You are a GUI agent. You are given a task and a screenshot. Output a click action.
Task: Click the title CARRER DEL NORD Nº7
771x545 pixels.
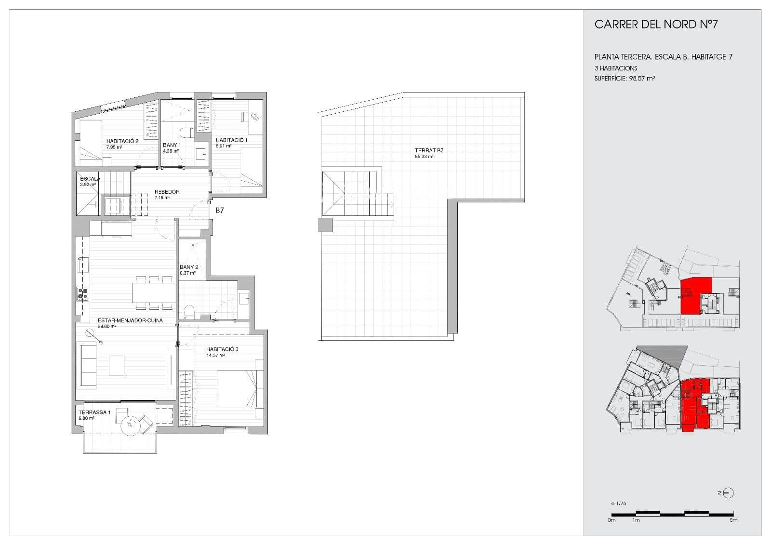[x=656, y=25]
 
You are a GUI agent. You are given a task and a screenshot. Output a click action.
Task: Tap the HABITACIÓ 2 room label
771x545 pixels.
[x=122, y=141]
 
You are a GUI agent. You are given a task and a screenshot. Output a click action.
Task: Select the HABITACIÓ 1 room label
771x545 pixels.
[x=231, y=140]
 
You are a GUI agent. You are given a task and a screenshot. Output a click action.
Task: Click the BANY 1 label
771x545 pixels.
[x=172, y=145]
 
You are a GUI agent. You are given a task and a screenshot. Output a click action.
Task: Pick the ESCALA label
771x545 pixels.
[x=90, y=179]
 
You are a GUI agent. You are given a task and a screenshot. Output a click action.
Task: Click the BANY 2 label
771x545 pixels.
[x=189, y=267]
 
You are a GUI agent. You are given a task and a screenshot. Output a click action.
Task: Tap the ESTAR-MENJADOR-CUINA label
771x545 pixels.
[x=130, y=320]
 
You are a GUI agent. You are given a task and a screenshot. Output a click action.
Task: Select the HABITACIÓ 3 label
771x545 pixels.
[x=222, y=349]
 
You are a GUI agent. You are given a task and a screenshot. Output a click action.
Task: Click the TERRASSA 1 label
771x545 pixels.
[x=94, y=412]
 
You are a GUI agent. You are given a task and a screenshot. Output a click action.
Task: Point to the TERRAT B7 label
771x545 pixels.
[x=429, y=151]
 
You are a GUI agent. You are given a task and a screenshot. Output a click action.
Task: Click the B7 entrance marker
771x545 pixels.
[x=220, y=211]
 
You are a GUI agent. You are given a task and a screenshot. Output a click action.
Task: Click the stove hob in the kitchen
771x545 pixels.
[x=82, y=293]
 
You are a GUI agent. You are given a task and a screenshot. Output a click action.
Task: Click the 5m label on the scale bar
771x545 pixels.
[x=733, y=520]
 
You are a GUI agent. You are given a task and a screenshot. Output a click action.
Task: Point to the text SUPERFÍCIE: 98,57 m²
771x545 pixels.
[x=625, y=78]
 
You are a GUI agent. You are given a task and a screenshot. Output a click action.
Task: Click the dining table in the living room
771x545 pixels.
[x=154, y=292]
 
